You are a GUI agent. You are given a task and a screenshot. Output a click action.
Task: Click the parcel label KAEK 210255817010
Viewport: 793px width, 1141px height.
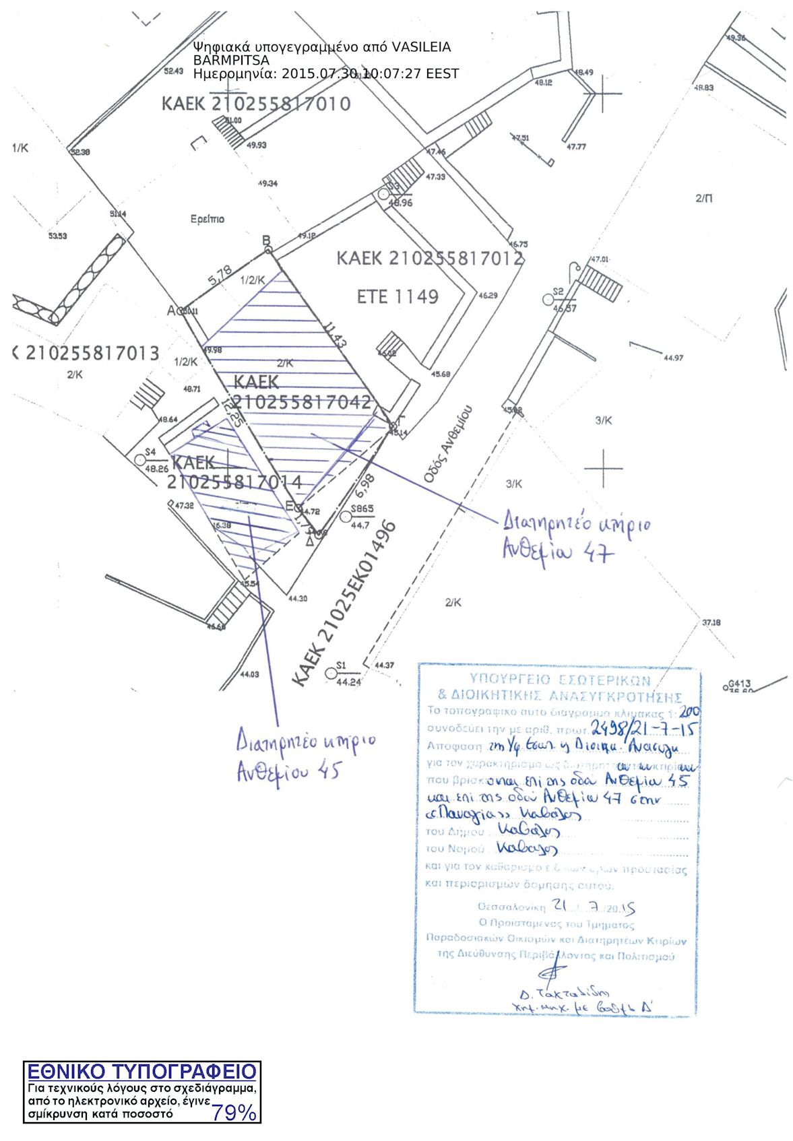pyautogui.click(x=256, y=104)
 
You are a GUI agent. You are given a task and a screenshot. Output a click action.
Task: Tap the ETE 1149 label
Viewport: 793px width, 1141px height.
pyautogui.click(x=398, y=296)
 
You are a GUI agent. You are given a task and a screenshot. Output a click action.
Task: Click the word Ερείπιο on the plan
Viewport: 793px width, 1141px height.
pyautogui.click(x=208, y=219)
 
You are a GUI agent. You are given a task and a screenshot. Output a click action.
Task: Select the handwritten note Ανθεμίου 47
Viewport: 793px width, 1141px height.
pyautogui.click(x=559, y=552)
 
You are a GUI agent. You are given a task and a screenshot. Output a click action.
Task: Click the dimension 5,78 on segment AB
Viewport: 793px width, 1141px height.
pyautogui.click(x=220, y=275)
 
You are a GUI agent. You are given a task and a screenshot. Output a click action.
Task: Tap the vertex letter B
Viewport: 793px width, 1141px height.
pyautogui.click(x=266, y=240)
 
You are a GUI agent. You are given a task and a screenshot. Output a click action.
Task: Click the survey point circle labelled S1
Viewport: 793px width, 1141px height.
pyautogui.click(x=331, y=673)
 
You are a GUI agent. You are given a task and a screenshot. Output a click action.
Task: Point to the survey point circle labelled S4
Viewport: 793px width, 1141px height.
pyautogui.click(x=141, y=460)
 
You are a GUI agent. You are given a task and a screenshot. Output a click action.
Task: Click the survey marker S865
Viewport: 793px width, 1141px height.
pyautogui.click(x=346, y=517)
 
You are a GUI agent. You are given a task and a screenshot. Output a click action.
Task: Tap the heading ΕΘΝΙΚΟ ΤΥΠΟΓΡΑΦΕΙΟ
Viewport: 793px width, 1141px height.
pyautogui.click(x=142, y=1072)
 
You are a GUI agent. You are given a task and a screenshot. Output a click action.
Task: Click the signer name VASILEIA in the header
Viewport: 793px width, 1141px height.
pyautogui.click(x=421, y=47)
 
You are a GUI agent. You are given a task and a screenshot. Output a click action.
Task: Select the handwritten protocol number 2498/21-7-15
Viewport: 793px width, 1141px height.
pyautogui.click(x=643, y=727)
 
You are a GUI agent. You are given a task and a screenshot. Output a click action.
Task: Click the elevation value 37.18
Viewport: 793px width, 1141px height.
pyautogui.click(x=711, y=623)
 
